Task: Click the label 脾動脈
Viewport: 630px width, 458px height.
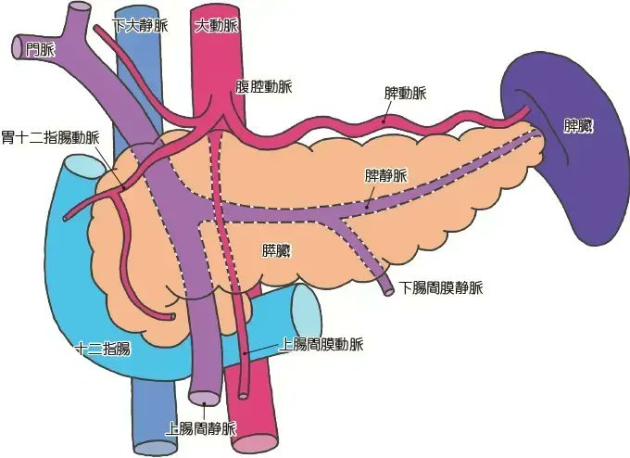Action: [x=406, y=94]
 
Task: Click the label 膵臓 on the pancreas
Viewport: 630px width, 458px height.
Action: [x=277, y=250]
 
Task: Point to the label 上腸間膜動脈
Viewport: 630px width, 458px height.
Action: [x=321, y=344]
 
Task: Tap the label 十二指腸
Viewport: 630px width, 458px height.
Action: [x=103, y=349]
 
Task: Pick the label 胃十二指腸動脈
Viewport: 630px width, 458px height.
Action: [x=50, y=137]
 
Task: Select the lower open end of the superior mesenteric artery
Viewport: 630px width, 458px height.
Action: [x=244, y=394]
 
